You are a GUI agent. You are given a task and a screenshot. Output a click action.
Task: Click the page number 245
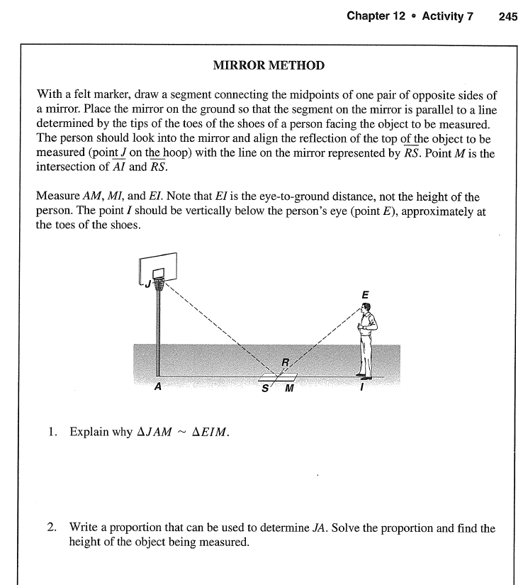tap(508, 16)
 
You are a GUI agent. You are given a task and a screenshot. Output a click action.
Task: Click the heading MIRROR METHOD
tap(269, 65)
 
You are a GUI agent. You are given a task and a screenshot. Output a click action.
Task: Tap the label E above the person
tap(364, 294)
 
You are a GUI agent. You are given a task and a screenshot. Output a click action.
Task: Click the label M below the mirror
tap(288, 388)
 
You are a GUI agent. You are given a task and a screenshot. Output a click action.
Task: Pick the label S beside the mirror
tap(265, 388)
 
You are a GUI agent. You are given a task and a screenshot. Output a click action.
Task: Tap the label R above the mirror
tap(285, 362)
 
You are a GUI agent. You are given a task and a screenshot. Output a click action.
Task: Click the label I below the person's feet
tap(362, 388)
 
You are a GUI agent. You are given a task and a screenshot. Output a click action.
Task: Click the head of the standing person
tap(365, 309)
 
